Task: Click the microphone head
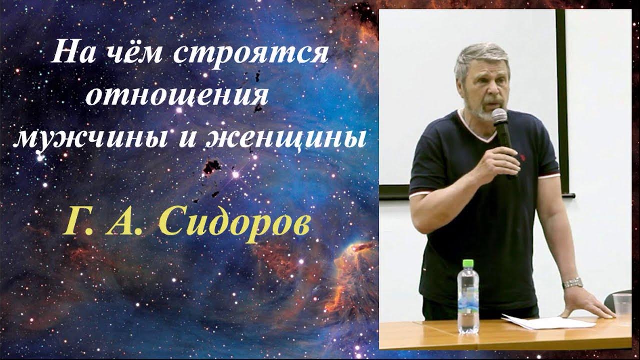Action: coord(499,117)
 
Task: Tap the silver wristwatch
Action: coord(573,283)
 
